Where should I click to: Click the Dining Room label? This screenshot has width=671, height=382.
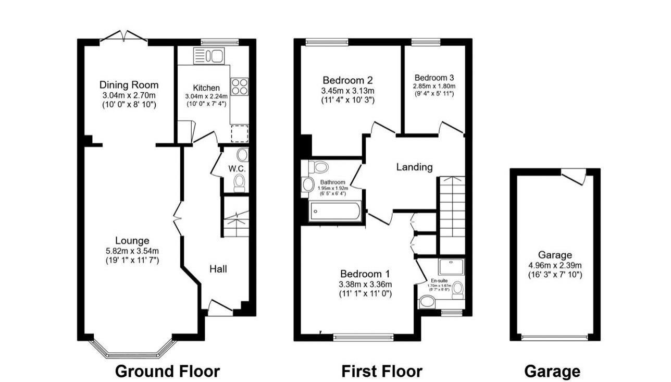pyautogui.click(x=129, y=85)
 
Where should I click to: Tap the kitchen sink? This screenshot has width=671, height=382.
pyautogui.click(x=208, y=55)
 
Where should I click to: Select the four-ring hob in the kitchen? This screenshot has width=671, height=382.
pyautogui.click(x=240, y=86)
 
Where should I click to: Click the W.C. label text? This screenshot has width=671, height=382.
pyautogui.click(x=237, y=169)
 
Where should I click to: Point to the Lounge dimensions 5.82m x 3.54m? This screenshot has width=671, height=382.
pyautogui.click(x=132, y=251)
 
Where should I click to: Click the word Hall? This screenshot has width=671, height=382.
pyautogui.click(x=218, y=269)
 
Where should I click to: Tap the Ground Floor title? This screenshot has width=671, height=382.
pyautogui.click(x=167, y=371)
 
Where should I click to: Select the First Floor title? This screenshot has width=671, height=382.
pyautogui.click(x=382, y=371)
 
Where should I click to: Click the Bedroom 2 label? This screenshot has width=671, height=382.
pyautogui.click(x=347, y=80)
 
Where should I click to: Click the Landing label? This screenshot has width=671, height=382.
pyautogui.click(x=414, y=167)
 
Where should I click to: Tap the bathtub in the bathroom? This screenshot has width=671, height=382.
pyautogui.click(x=334, y=212)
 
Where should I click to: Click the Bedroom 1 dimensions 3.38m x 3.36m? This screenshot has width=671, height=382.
pyautogui.click(x=365, y=284)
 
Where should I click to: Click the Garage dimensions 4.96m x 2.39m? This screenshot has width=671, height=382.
pyautogui.click(x=555, y=265)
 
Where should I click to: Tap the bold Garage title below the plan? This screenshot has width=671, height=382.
pyautogui.click(x=552, y=371)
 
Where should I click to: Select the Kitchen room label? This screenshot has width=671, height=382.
pyautogui.click(x=206, y=88)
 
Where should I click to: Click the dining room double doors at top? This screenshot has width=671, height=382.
pyautogui.click(x=124, y=36)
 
